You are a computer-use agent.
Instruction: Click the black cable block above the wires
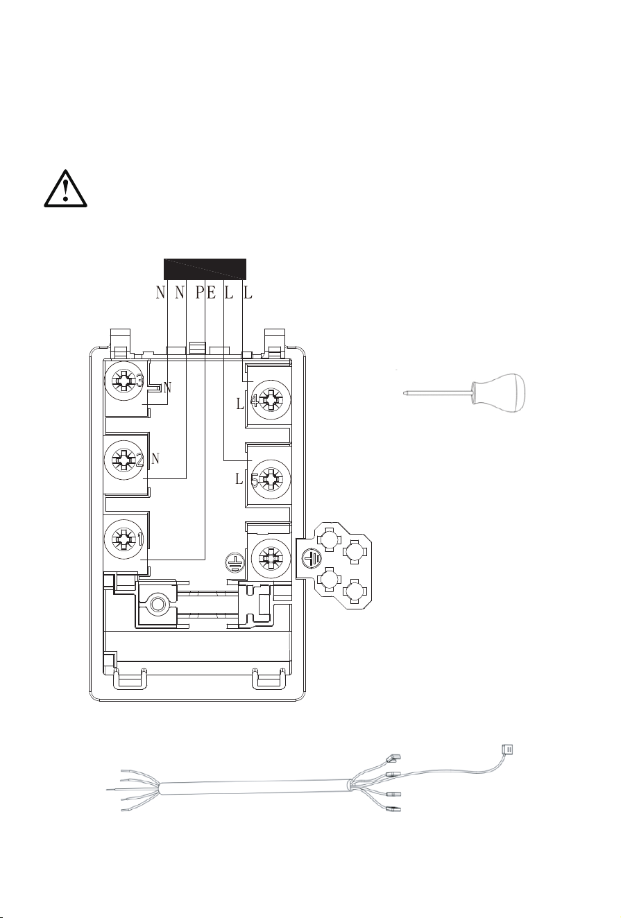pos(205,269)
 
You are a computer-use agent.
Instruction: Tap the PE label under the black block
pos(205,293)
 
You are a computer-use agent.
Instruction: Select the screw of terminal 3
pos(124,381)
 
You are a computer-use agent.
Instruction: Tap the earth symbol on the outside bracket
pos(312,558)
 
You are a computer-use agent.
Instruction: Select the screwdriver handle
pos(498,393)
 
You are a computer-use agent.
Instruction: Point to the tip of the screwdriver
pos(404,393)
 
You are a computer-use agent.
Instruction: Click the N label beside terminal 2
pos(155,458)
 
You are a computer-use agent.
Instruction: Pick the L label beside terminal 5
pos(239,478)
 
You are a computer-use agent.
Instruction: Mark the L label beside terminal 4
pos(240,404)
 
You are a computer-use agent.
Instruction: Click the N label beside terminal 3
pos(167,388)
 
